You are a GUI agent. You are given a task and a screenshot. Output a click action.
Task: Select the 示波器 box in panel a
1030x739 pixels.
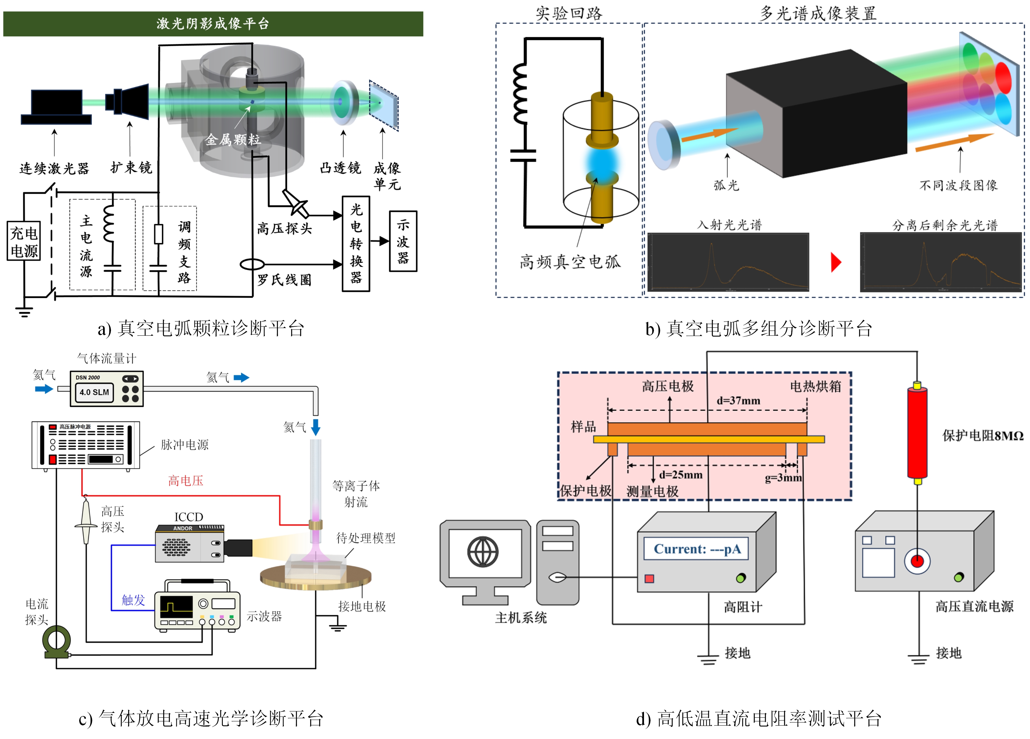(x=403, y=241)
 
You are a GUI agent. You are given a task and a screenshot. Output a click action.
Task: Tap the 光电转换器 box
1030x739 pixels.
(x=356, y=244)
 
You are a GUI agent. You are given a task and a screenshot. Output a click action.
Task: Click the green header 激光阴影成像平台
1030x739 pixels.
(x=213, y=24)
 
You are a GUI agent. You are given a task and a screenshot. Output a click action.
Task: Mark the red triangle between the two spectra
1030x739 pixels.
(x=836, y=262)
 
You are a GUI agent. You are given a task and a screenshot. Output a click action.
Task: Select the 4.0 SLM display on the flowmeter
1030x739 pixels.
(x=95, y=392)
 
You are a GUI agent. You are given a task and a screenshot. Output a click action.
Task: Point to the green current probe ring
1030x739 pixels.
(x=56, y=641)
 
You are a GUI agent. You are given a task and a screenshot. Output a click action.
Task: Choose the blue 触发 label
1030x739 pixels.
(x=133, y=600)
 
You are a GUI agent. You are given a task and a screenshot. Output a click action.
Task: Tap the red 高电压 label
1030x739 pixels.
(x=185, y=480)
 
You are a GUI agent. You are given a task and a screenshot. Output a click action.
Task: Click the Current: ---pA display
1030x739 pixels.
(x=697, y=549)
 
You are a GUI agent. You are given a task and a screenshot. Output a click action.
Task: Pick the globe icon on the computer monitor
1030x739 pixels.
(x=483, y=552)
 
